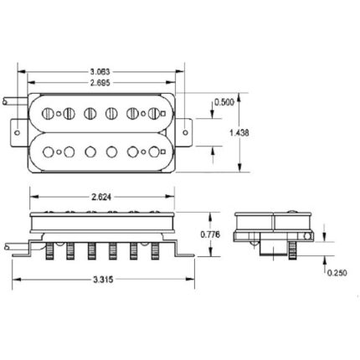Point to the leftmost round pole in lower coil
coord(49,152)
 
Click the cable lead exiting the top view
coord(11,100)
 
